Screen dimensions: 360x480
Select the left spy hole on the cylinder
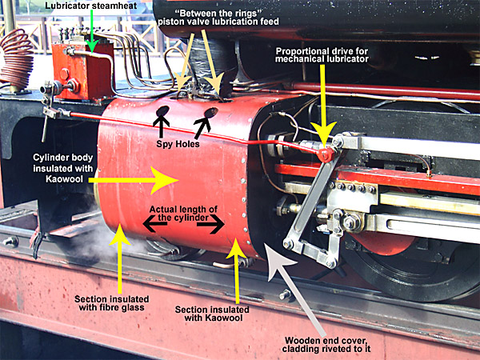click(x=162, y=110)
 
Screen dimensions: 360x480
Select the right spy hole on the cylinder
click(x=212, y=113)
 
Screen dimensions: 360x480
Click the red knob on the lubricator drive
click(x=324, y=152)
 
